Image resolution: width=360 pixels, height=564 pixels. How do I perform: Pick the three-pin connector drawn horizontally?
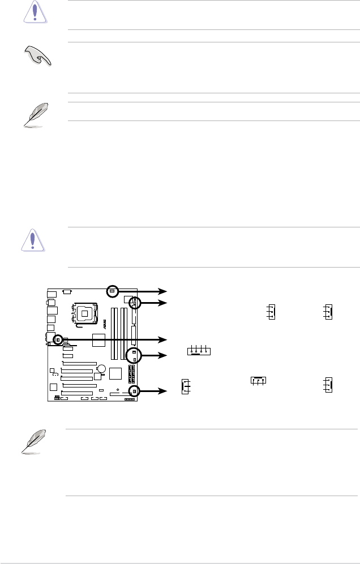(258, 380)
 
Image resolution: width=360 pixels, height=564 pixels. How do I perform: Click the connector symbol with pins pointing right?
(185, 386)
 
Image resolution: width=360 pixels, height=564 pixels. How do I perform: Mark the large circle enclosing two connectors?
(135, 355)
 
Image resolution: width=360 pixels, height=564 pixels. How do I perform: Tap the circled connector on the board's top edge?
(112, 291)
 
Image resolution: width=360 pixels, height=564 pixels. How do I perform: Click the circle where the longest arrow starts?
(58, 339)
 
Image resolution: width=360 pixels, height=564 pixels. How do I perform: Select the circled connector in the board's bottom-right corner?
(135, 391)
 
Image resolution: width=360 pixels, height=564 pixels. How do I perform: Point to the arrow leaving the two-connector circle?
(152, 355)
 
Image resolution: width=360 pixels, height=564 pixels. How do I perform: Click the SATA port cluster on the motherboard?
(131, 373)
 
